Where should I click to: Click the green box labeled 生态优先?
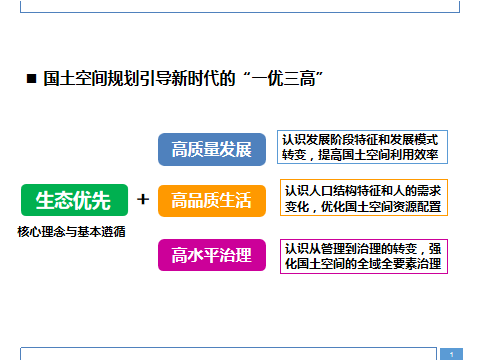(74, 200)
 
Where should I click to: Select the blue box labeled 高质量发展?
(212, 149)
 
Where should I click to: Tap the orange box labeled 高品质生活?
(212, 201)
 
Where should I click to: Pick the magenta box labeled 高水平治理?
(212, 255)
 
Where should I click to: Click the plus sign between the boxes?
(143, 199)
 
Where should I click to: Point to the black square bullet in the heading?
(31, 79)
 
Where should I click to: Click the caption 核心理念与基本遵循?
(71, 231)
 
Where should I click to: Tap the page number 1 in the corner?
(452, 354)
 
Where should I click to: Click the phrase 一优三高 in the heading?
(283, 79)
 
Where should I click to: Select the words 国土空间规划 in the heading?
(83, 79)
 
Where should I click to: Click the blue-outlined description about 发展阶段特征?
(362, 147)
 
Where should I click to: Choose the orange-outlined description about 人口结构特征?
(364, 198)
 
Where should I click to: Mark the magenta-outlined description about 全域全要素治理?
(364, 256)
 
